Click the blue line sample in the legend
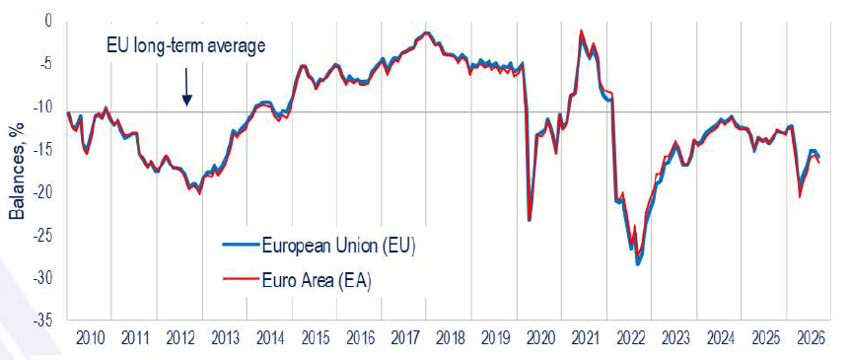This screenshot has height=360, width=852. (241, 245)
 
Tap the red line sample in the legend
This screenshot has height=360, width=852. (241, 279)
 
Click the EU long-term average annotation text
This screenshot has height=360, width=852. (185, 45)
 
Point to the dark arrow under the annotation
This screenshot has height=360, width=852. (186, 87)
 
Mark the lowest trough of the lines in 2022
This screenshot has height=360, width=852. (637, 263)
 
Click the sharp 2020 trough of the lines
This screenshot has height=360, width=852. (530, 219)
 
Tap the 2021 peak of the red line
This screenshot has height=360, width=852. (582, 31)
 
